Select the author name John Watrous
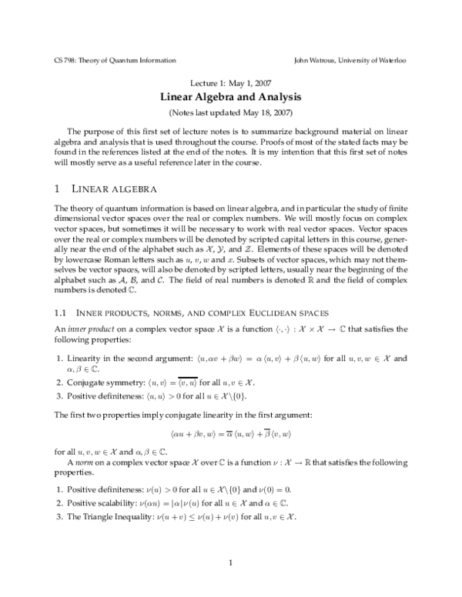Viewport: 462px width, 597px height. coord(319,59)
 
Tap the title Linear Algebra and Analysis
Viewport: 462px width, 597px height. coord(230,98)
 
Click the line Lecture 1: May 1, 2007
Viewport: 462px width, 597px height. coord(230,83)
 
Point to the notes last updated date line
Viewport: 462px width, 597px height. coord(230,112)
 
